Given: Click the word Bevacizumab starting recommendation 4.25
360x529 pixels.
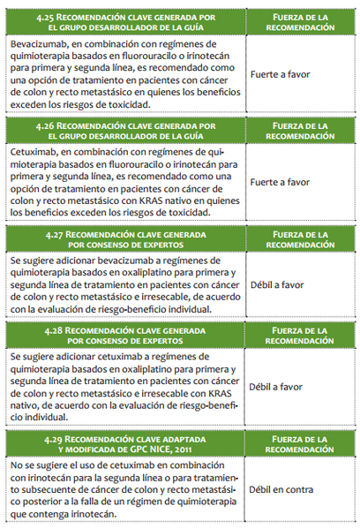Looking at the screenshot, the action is (x=38, y=43).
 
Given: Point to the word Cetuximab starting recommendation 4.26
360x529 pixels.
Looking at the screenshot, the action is (x=34, y=152).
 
